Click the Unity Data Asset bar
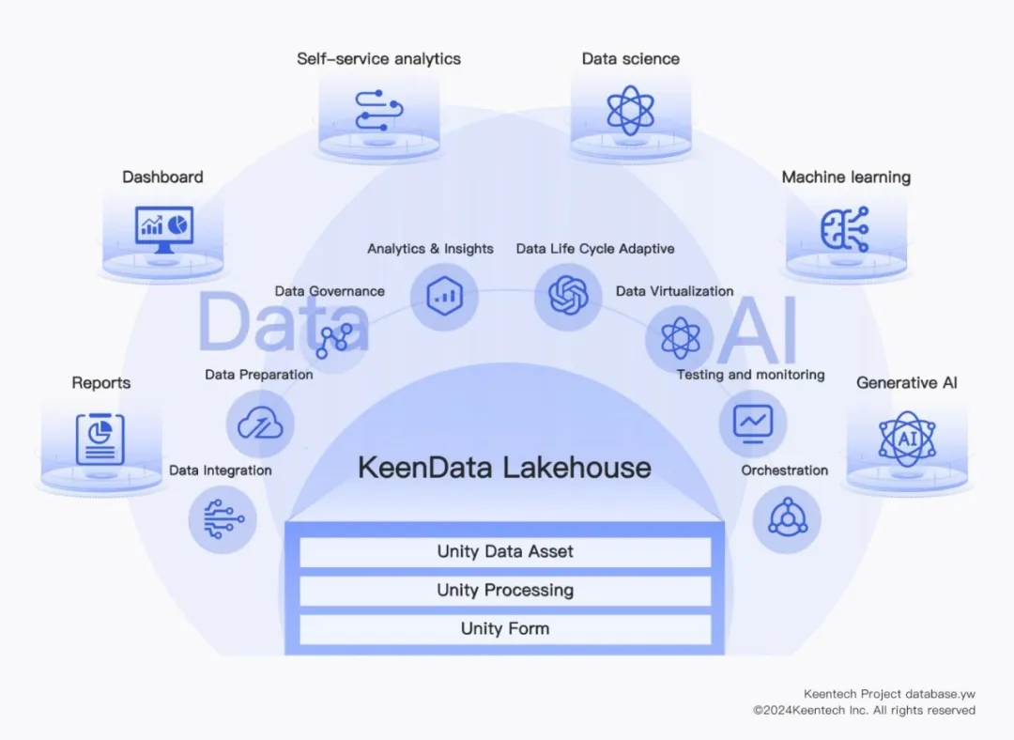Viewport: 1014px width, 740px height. (505, 552)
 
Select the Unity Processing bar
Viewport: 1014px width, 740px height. (505, 591)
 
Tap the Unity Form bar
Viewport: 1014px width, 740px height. (505, 629)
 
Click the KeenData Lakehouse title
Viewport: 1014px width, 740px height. (504, 467)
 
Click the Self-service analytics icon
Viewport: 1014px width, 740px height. (379, 110)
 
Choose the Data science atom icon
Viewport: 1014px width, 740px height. (630, 110)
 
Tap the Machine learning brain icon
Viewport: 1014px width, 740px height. (845, 229)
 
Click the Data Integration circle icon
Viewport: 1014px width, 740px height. (223, 518)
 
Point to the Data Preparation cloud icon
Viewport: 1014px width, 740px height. (260, 424)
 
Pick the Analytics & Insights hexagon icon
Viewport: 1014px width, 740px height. (443, 296)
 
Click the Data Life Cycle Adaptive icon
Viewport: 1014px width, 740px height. (568, 296)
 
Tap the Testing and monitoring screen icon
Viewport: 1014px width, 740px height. (753, 422)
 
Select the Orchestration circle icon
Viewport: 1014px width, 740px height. (786, 518)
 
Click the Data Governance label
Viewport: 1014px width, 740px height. (330, 291)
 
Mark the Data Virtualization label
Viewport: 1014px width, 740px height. (674, 291)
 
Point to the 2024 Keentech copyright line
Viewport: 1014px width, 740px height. (864, 711)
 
